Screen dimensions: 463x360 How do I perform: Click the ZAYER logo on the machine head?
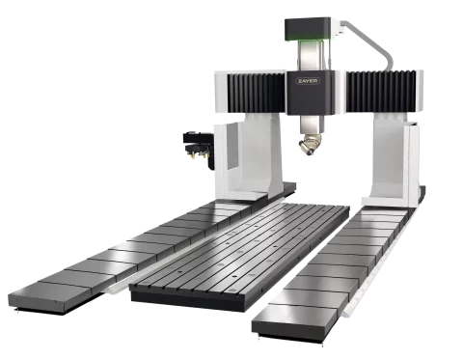(308, 81)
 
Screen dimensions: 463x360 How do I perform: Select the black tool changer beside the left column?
(199, 150)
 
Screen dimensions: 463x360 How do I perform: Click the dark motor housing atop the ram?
(308, 29)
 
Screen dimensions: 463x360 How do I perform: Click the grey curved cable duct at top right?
(369, 42)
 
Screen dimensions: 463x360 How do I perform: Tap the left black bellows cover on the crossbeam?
(257, 93)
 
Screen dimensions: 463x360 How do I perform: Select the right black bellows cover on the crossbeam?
(381, 92)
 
